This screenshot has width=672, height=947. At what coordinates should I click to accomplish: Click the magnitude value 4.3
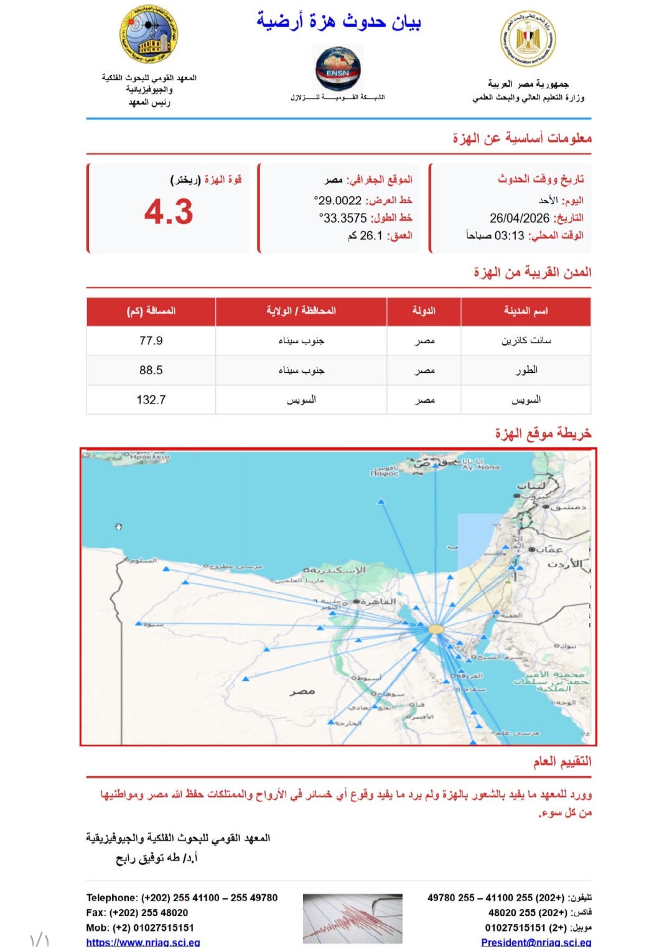point(169,212)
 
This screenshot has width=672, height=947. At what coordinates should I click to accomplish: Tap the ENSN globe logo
point(338,68)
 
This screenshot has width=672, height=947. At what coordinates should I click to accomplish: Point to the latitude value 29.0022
point(338,200)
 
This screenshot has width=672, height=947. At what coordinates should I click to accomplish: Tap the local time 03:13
point(510,235)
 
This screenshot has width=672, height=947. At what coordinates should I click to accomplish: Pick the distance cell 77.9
point(151,341)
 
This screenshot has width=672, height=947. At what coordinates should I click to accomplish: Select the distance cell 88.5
point(151,370)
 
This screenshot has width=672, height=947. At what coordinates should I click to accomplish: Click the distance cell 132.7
point(151,400)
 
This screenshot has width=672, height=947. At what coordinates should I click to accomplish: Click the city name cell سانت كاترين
point(526,341)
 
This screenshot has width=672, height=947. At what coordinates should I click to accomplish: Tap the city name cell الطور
point(526,370)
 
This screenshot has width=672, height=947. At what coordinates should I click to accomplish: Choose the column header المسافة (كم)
point(151,311)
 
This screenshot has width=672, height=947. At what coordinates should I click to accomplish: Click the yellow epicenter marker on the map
point(437,629)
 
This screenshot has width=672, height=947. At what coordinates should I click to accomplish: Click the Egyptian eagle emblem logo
point(528,39)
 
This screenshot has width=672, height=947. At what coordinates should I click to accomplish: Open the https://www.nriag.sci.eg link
point(143,942)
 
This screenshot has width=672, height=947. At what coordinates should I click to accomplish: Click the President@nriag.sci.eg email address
point(536,942)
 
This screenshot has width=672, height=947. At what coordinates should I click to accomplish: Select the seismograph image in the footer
point(352,918)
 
